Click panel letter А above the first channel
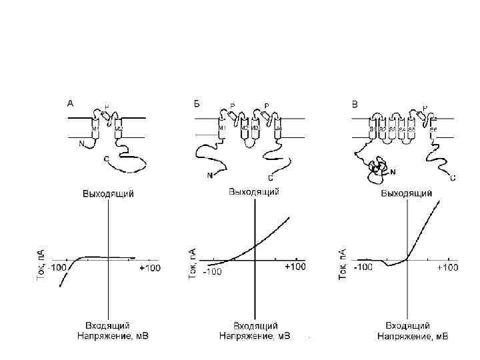[70, 103]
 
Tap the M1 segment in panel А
[95, 129]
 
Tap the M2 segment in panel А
[119, 129]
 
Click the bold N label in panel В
[392, 171]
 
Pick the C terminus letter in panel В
[453, 178]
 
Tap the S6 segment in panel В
[433, 128]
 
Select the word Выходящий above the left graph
[109, 194]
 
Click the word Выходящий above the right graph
[407, 194]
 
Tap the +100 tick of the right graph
[447, 267]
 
